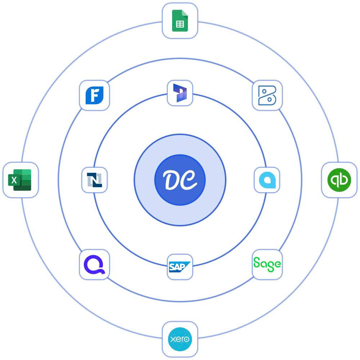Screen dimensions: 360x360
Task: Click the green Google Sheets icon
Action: point(180,21)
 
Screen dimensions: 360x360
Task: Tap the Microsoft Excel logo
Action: point(20,180)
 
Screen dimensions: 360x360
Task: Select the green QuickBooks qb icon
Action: point(339,180)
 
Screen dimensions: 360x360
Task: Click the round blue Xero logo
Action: point(180,339)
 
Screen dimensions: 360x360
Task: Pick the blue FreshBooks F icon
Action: point(94,95)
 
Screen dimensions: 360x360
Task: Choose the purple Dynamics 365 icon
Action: point(180,93)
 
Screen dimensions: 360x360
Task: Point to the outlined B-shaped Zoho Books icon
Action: point(267,95)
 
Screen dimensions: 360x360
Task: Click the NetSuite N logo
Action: point(94,180)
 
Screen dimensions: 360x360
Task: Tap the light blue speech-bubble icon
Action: point(267,180)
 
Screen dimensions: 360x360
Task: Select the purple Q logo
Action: point(94,265)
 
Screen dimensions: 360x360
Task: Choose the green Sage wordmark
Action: point(267,265)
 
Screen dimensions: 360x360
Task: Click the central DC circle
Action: point(180,180)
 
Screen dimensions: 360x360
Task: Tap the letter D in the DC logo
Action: point(172,180)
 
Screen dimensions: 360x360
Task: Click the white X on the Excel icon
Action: point(14,180)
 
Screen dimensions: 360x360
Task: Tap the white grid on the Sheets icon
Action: point(180,24)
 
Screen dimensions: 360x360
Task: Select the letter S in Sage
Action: point(257,263)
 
